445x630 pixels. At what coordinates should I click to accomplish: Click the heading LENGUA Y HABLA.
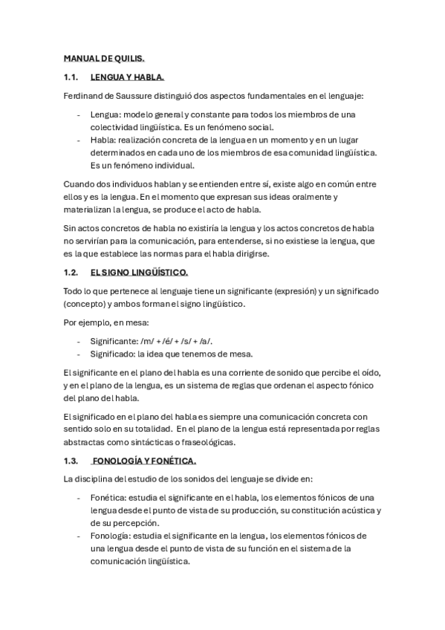[126, 77]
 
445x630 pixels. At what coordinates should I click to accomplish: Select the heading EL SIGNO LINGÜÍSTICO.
[139, 273]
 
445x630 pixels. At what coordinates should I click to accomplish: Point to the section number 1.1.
[71, 77]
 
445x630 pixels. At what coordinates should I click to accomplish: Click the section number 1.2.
[71, 273]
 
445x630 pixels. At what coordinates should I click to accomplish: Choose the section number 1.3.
[71, 461]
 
